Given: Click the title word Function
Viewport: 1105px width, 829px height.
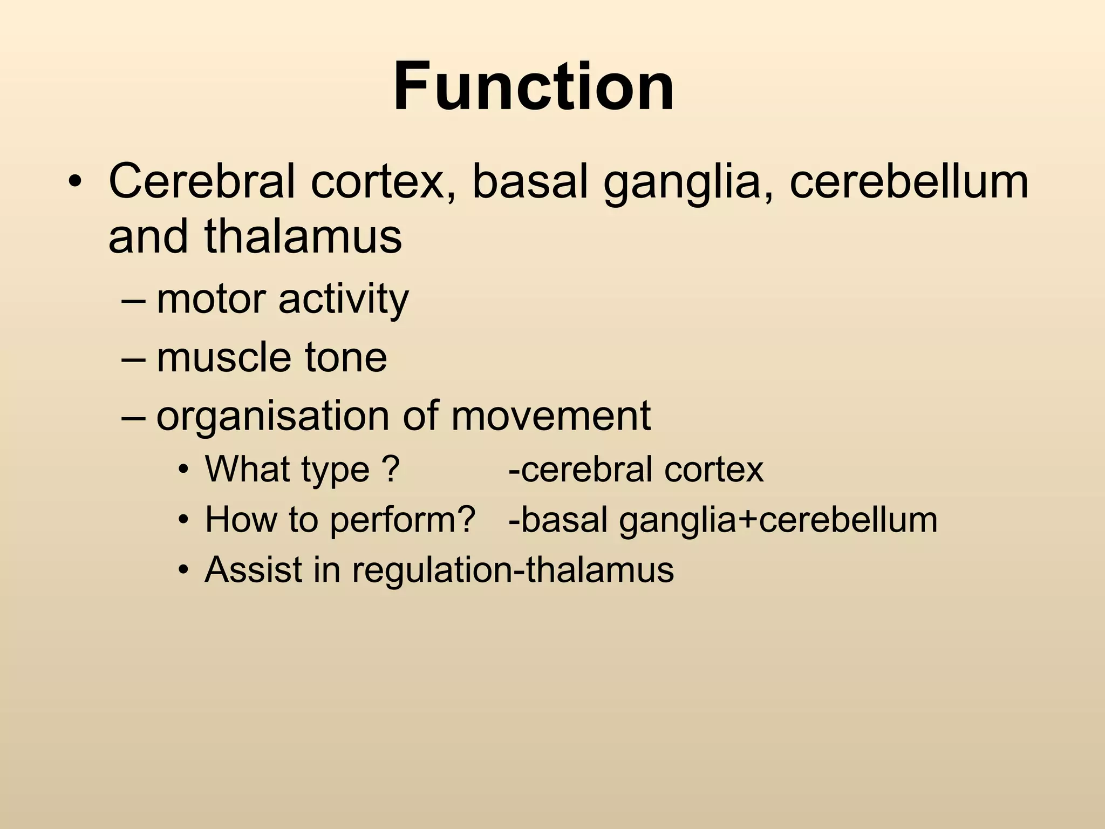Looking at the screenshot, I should (534, 86).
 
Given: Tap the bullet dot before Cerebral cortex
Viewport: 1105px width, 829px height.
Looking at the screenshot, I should (75, 182).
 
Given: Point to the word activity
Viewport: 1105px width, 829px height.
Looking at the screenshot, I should (344, 300).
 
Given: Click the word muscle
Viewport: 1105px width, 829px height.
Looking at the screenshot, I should (223, 357).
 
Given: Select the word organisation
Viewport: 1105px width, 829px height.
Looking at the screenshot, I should (272, 417).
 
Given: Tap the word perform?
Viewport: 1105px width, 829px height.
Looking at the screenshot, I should (403, 520).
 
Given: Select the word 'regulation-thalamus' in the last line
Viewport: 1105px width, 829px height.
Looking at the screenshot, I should (513, 570).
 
